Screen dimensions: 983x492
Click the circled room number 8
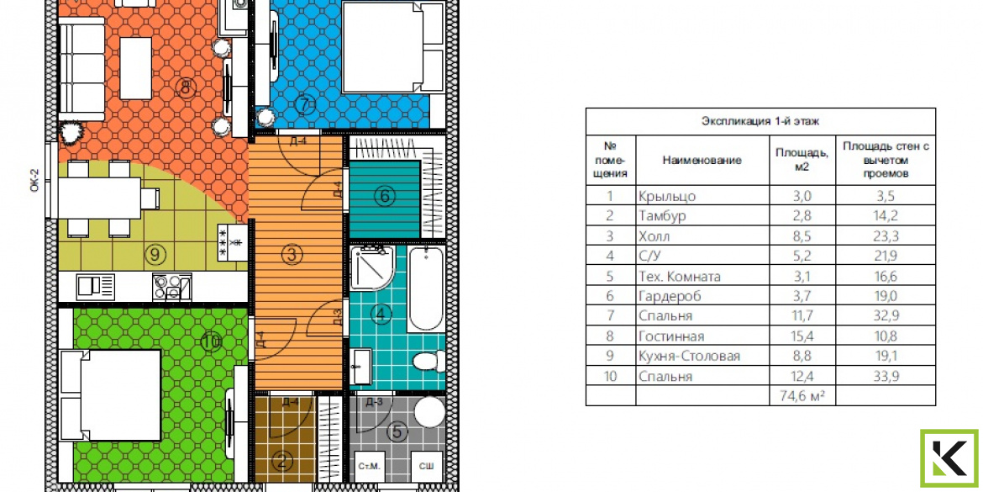[x=186, y=87]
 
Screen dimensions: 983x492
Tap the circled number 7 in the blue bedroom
[x=305, y=105]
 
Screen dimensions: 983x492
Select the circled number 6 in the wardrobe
[x=385, y=197]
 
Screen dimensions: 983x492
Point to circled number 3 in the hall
[x=292, y=255]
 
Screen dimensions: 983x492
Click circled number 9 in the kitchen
[x=155, y=254]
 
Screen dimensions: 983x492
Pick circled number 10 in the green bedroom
[x=212, y=342]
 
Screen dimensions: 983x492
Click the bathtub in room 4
[x=426, y=288]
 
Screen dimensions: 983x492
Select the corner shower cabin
[x=371, y=267]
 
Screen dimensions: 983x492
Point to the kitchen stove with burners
[x=171, y=288]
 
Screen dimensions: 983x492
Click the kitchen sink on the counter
[x=96, y=287]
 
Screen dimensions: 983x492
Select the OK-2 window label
[x=35, y=180]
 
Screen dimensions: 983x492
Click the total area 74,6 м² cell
[x=802, y=396]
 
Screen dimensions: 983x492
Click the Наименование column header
[x=702, y=160]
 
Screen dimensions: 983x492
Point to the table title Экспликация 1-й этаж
[x=760, y=122]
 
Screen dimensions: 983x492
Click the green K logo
[x=949, y=458]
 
